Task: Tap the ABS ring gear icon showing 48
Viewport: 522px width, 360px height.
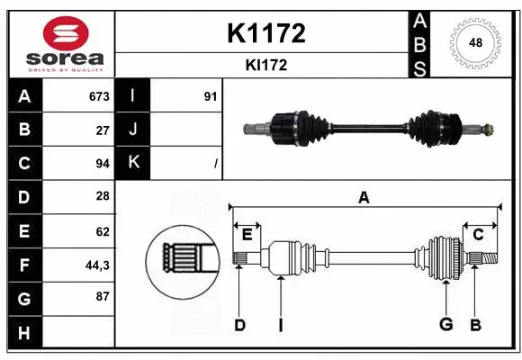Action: tap(474, 41)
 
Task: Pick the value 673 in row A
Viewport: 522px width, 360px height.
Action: tap(98, 96)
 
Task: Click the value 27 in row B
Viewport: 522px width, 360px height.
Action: tap(102, 130)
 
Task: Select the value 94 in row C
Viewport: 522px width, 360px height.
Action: tap(102, 163)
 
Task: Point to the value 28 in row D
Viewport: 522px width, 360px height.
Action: tap(102, 196)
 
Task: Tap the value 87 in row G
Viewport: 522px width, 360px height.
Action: tap(102, 296)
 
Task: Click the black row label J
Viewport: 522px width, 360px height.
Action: tap(132, 130)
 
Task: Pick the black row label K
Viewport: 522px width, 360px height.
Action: tap(132, 163)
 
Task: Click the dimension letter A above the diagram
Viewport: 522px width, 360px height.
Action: tap(364, 198)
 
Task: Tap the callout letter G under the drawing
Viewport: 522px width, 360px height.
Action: tap(445, 325)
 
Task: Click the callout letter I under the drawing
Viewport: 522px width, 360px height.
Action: tap(280, 325)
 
